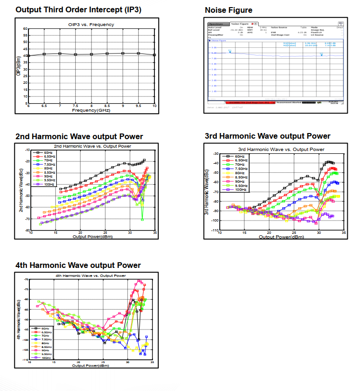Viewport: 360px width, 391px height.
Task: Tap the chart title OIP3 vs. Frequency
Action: [91, 25]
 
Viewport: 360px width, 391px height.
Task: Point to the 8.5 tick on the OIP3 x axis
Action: [107, 107]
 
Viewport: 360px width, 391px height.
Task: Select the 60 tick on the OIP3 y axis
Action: [25, 29]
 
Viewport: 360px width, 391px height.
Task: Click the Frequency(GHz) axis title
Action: [91, 110]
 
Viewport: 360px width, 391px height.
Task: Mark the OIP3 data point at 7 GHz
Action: [60, 53]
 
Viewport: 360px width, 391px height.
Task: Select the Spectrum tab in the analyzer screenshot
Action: [216, 24]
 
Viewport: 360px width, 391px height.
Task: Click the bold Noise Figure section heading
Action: [228, 10]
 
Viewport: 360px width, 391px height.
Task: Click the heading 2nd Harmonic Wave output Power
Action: [79, 137]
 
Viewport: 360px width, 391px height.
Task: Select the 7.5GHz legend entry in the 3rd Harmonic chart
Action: [241, 168]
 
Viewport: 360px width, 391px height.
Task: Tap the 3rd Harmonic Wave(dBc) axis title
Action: [207, 192]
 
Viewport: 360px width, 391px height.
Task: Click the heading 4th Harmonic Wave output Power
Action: [78, 265]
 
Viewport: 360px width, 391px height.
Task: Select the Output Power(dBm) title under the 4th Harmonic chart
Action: [90, 365]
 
